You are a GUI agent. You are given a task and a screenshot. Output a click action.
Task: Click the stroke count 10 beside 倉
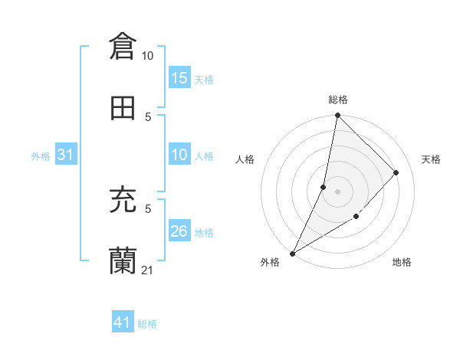[148, 55]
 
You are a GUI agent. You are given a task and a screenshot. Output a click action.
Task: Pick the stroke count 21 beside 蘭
[148, 270]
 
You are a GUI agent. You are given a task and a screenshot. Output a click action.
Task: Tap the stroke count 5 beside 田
[148, 116]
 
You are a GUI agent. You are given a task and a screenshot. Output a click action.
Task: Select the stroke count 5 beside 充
[148, 208]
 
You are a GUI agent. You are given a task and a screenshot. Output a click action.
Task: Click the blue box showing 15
[179, 78]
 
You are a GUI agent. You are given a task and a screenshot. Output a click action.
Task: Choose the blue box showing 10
[179, 155]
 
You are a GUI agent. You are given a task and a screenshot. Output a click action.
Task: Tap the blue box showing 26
[179, 232]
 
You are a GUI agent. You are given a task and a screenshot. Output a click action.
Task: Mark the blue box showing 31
[66, 155]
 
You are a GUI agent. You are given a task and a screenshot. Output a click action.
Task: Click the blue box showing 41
[123, 323]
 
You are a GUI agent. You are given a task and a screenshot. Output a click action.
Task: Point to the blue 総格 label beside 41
[147, 324]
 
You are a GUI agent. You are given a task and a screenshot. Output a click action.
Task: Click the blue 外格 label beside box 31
[41, 156]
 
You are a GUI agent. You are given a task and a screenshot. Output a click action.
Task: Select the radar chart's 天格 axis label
[431, 159]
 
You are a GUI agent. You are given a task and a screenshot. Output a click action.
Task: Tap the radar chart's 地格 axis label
[402, 262]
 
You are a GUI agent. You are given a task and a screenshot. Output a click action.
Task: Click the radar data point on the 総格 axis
[337, 115]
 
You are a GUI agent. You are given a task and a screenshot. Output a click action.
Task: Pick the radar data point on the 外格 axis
[292, 253]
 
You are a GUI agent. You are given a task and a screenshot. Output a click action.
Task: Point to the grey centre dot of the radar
[337, 191]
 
